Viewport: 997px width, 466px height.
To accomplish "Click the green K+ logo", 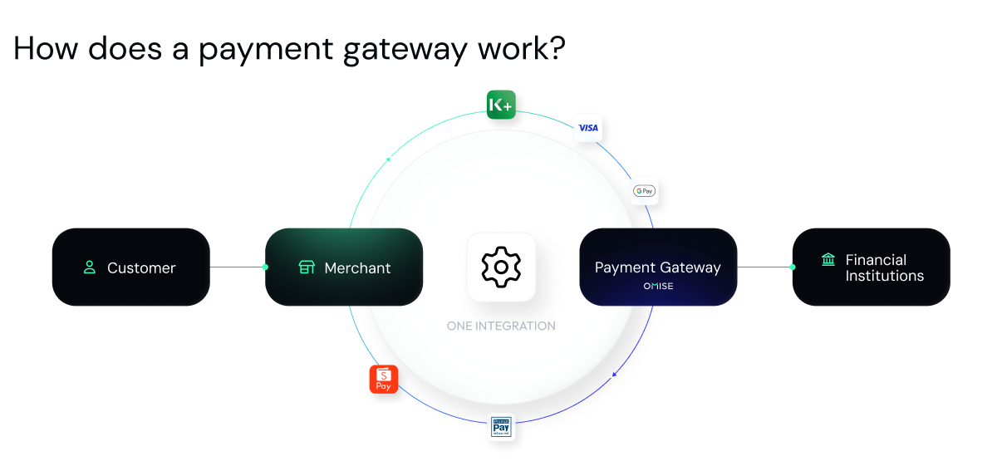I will pos(501,105).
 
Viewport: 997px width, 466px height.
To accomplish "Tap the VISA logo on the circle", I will pos(588,128).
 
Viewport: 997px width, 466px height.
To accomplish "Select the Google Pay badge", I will pos(644,191).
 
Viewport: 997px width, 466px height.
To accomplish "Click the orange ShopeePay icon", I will pos(384,379).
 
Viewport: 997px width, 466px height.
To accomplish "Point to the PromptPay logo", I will pos(501,426).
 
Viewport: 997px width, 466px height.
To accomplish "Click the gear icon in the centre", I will pos(501,267).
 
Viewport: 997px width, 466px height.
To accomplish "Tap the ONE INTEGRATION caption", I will pos(501,326).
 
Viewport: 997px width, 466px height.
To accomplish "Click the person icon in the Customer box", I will pos(90,267).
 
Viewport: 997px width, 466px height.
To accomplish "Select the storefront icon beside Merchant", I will pos(307,267).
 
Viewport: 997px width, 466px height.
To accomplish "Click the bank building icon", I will pos(828,260).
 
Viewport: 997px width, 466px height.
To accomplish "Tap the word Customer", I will pos(141,268).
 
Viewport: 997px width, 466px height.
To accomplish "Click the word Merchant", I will pos(357,268).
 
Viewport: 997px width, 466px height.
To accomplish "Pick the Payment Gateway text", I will pos(657,267).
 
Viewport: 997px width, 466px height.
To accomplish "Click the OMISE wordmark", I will pos(658,287).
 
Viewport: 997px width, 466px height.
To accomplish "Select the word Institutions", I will pos(884,276).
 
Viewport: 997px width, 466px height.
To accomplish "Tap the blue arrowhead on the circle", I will pos(614,375).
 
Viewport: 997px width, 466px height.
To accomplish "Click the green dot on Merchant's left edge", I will pos(265,267).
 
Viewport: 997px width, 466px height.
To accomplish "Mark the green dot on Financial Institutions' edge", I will pos(793,267).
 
